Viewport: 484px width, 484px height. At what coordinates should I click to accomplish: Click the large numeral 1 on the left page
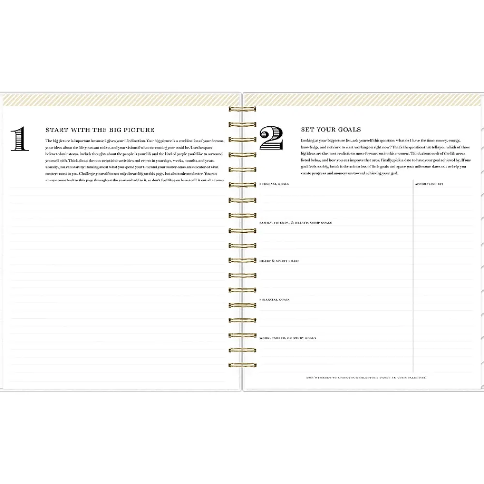click(19, 139)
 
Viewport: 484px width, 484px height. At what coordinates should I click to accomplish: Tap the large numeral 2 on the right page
click(271, 138)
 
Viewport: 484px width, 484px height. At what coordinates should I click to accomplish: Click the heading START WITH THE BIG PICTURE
click(100, 130)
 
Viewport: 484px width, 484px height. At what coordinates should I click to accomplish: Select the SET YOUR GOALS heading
click(331, 130)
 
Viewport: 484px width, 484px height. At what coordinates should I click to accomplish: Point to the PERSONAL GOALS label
click(274, 184)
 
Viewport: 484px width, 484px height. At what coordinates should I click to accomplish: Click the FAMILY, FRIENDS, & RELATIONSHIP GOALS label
click(296, 223)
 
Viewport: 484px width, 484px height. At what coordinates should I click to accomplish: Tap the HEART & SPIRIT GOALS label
click(280, 261)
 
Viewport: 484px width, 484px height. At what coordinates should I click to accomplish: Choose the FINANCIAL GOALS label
click(275, 300)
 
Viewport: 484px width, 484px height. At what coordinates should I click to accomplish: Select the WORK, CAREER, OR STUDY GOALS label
click(288, 338)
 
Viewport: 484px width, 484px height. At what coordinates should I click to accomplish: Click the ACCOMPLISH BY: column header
click(429, 184)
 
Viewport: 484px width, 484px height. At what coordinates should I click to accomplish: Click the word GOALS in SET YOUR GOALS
click(349, 130)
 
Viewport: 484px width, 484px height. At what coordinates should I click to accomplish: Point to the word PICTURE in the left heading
click(137, 130)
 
